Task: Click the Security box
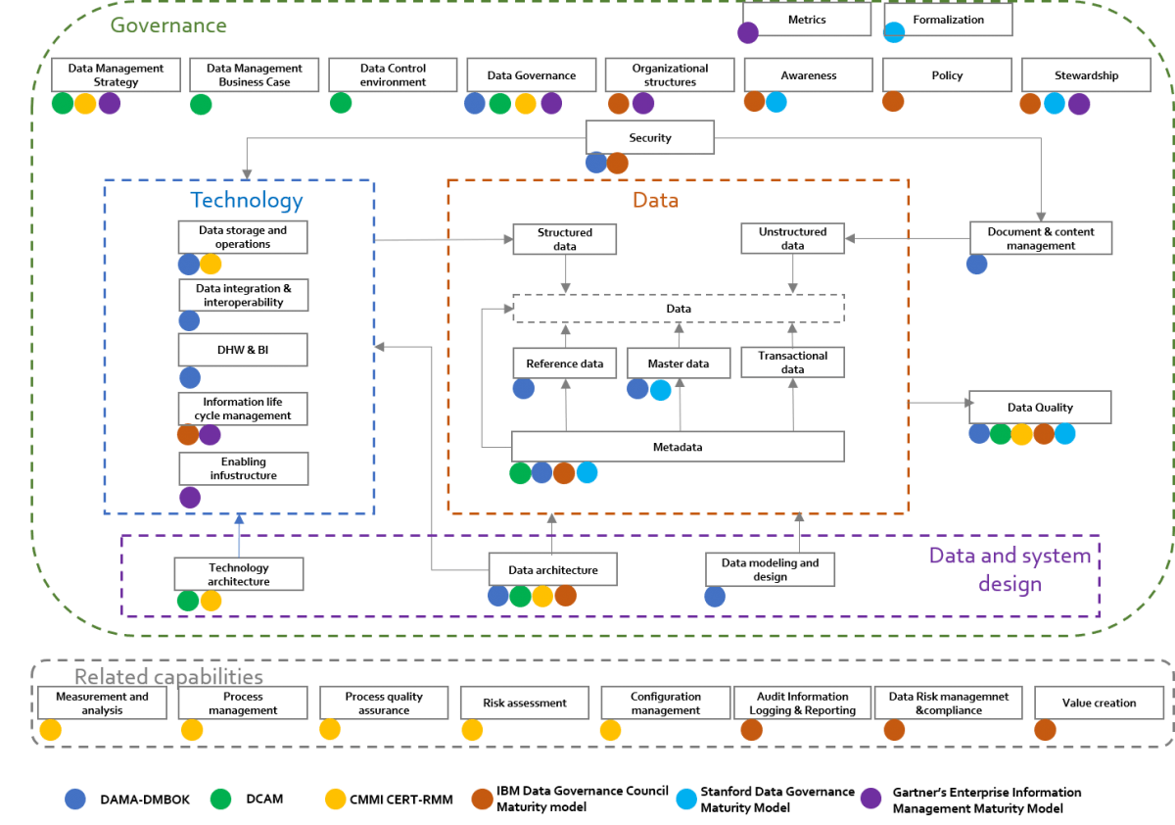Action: (x=650, y=137)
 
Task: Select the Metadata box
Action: (x=678, y=447)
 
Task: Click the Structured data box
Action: (x=565, y=239)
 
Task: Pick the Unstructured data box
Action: (x=792, y=239)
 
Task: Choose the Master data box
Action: (x=678, y=364)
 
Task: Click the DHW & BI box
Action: (x=243, y=350)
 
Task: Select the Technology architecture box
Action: (x=238, y=574)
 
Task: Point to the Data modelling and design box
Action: (x=770, y=570)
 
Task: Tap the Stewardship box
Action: (x=1086, y=75)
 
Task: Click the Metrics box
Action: (x=806, y=20)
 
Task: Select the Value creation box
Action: (x=1099, y=703)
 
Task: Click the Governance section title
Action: (x=168, y=25)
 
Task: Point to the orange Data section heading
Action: (x=655, y=201)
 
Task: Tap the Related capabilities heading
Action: (x=168, y=677)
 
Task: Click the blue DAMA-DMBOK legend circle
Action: (x=75, y=799)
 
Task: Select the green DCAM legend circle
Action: (x=221, y=799)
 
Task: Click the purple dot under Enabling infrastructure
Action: (x=190, y=498)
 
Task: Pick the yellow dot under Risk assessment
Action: (x=472, y=730)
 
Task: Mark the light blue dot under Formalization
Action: (x=894, y=32)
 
